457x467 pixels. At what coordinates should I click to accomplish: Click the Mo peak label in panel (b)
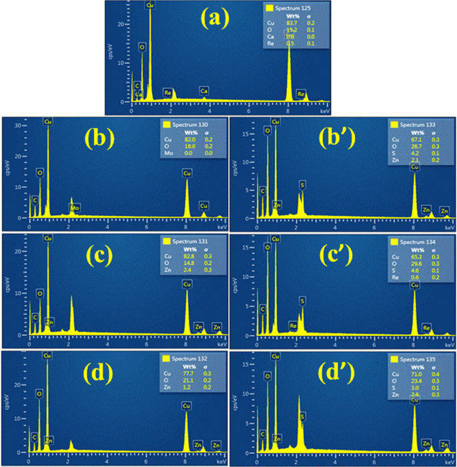(x=75, y=208)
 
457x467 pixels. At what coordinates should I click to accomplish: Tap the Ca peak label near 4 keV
(x=204, y=90)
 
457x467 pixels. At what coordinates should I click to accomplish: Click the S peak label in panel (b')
(x=302, y=184)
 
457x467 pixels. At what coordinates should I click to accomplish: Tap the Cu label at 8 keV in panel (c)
(x=187, y=284)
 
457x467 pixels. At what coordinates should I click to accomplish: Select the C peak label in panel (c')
(x=263, y=309)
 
